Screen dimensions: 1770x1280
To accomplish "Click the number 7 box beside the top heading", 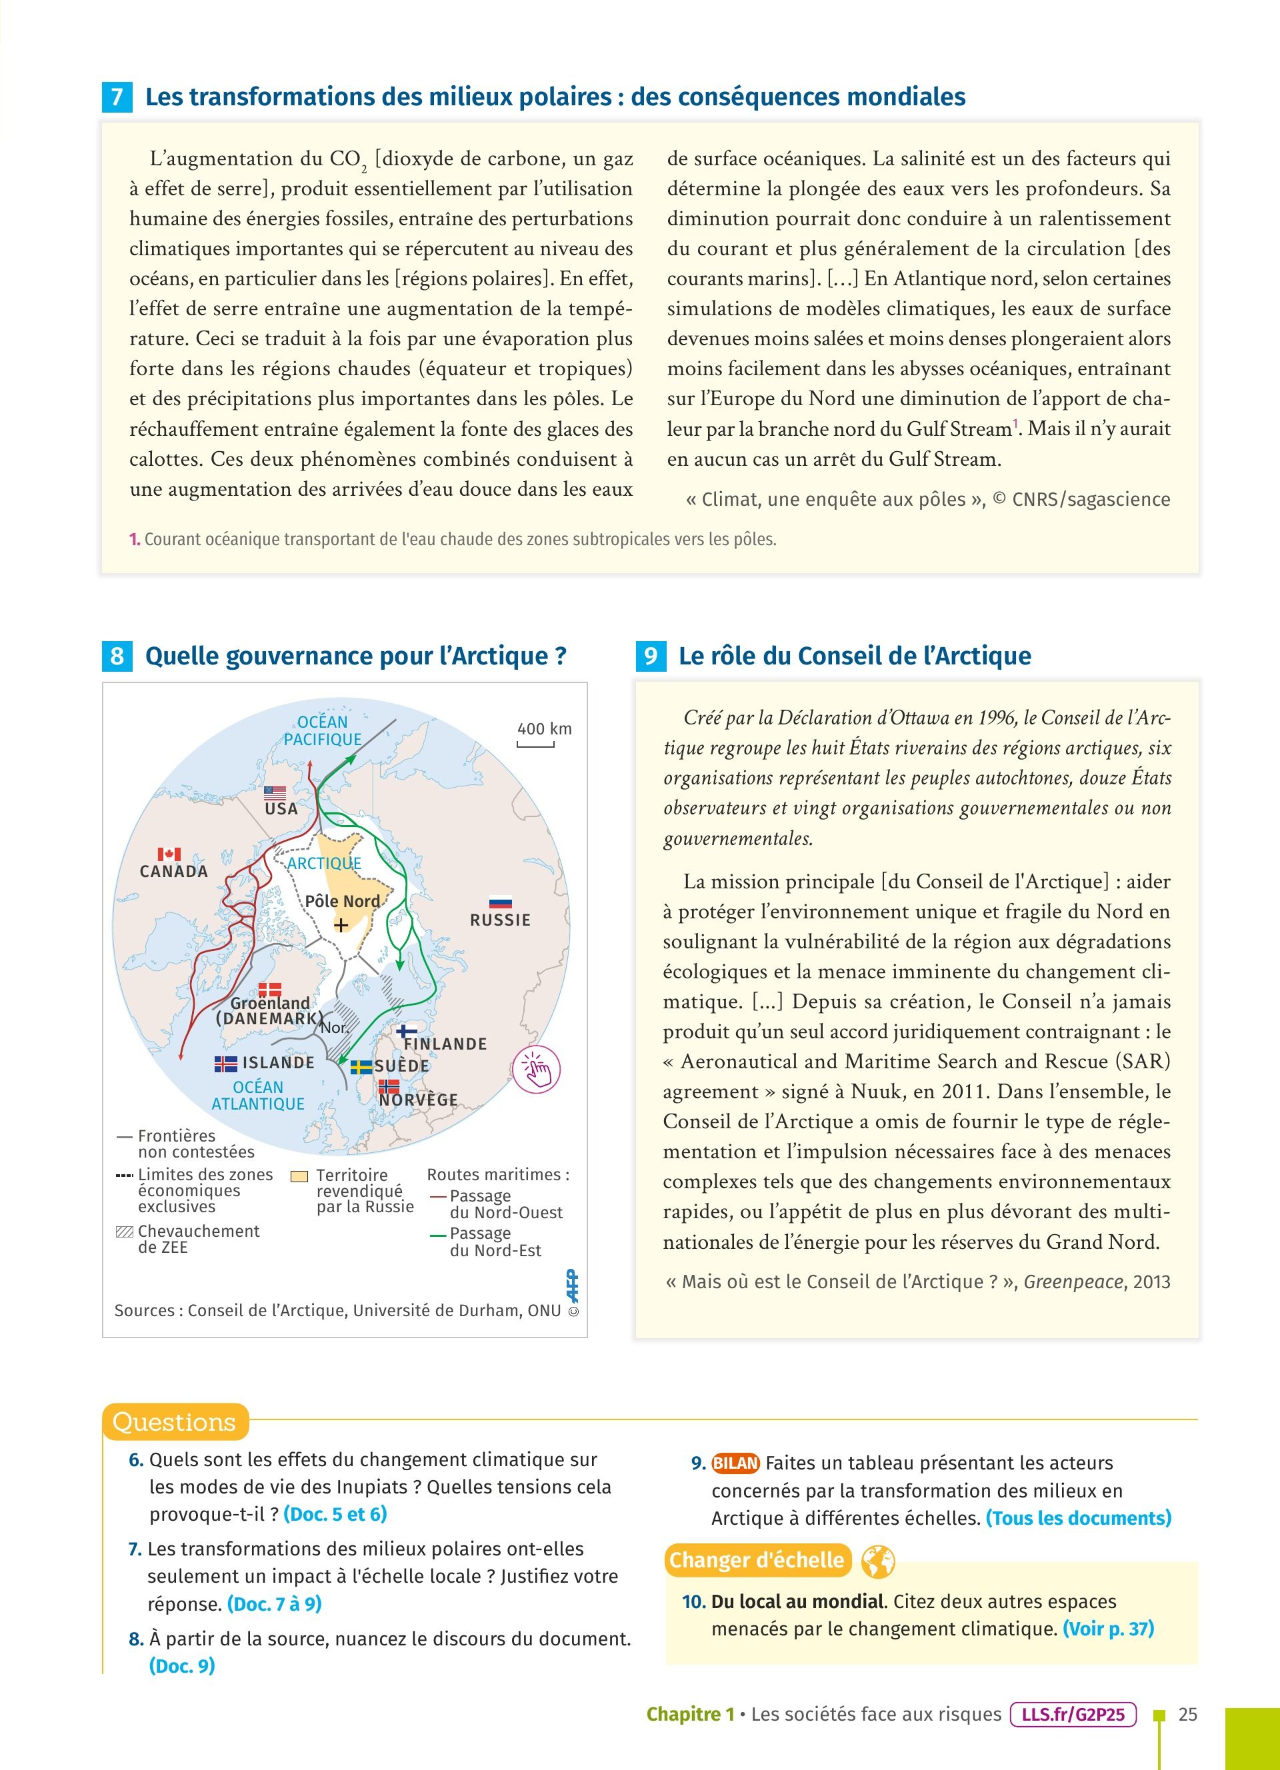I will [x=117, y=97].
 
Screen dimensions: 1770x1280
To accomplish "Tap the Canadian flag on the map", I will [x=169, y=854].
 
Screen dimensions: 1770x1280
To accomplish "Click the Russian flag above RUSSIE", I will [x=500, y=902].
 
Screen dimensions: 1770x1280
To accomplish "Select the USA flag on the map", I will [x=275, y=793].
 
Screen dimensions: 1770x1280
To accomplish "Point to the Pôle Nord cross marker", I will [x=341, y=926].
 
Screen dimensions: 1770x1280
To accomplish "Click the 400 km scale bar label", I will [x=544, y=729].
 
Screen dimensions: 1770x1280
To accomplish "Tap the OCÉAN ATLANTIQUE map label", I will [x=259, y=1095].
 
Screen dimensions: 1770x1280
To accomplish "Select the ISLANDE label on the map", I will [x=278, y=1062].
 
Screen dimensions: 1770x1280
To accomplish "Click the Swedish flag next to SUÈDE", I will [x=361, y=1067].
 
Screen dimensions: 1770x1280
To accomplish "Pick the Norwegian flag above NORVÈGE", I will [x=389, y=1086].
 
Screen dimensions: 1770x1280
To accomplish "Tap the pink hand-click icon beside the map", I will [x=537, y=1068].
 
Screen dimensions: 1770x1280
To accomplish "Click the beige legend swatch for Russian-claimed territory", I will [x=299, y=1176].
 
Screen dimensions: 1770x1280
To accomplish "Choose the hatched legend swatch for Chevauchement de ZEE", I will [x=124, y=1232].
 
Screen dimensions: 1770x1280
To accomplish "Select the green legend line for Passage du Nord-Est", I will [x=438, y=1235].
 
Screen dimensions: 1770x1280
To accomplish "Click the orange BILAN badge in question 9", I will [x=735, y=1463].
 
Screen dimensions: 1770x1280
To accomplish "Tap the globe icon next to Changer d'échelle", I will [x=878, y=1561].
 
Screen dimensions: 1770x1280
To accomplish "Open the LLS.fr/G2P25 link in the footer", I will [x=1073, y=1715].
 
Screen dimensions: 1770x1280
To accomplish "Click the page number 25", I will [x=1187, y=1715].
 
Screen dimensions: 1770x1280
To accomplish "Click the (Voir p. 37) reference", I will [x=1108, y=1629].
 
